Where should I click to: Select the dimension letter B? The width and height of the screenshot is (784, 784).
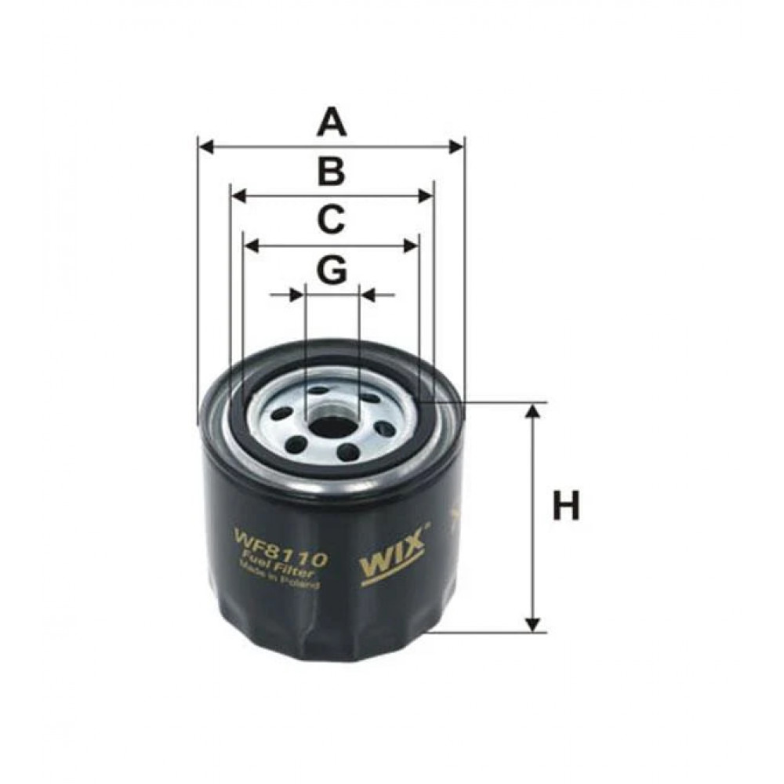coord(332,172)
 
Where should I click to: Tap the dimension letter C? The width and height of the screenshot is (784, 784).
coord(332,220)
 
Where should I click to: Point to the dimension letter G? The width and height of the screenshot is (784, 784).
coord(332,270)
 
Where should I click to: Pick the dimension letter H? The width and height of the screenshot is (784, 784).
coord(566,506)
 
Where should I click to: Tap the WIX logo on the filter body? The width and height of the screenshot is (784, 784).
coord(393,557)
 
